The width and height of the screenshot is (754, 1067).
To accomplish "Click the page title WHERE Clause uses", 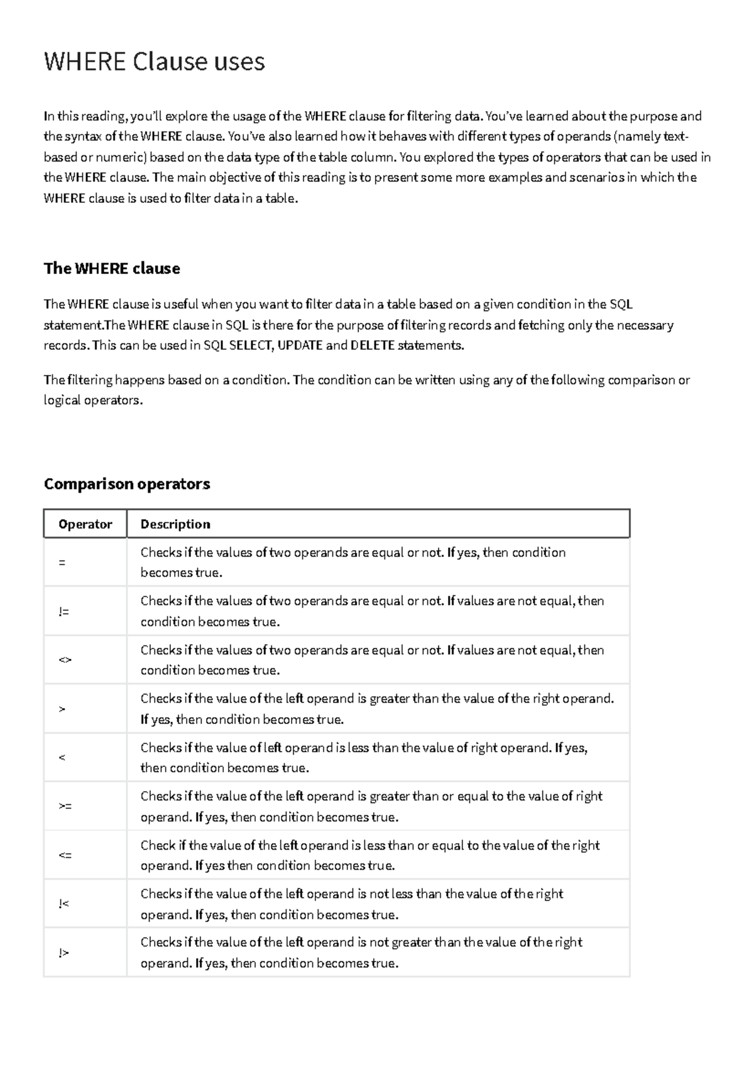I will point(154,62).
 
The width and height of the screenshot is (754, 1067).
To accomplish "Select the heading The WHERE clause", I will point(111,268).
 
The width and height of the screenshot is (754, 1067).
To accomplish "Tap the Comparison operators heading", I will point(126,484).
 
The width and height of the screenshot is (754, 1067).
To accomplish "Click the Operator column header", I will point(85,524).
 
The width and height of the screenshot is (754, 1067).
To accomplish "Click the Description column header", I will point(175,524).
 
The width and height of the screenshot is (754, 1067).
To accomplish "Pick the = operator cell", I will point(62,562).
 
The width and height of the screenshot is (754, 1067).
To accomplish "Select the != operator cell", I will point(63,611).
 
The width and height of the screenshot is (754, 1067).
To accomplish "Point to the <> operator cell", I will point(65,660).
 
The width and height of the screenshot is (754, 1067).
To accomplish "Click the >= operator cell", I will point(65,806).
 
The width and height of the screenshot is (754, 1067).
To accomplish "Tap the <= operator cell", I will point(65,855).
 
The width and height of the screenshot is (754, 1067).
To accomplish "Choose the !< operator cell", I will point(63,904).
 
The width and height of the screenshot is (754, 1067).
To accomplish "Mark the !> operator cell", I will point(63,953).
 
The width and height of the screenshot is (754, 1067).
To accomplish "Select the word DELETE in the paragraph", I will point(373,345).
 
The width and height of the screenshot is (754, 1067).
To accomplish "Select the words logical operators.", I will point(92,400).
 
